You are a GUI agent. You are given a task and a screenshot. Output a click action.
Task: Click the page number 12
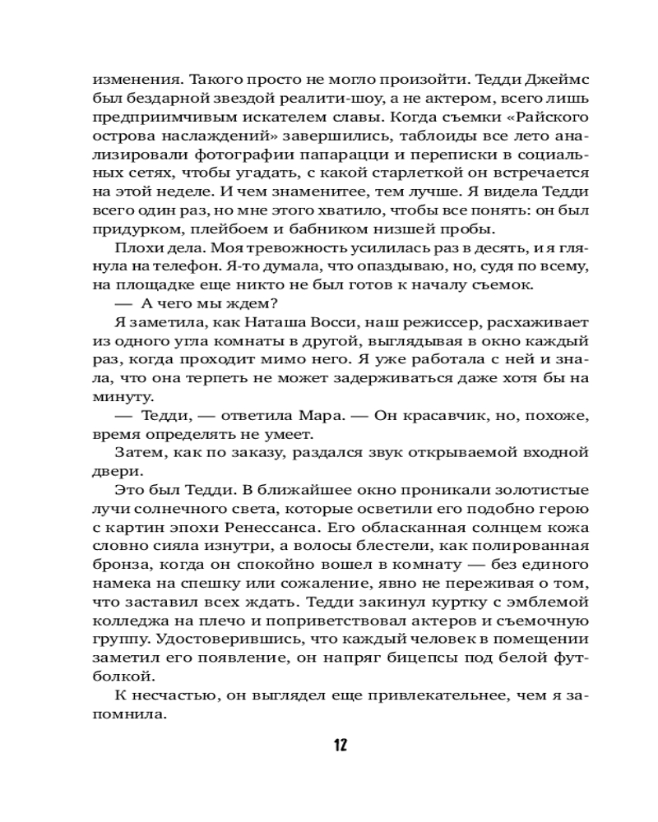341,746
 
